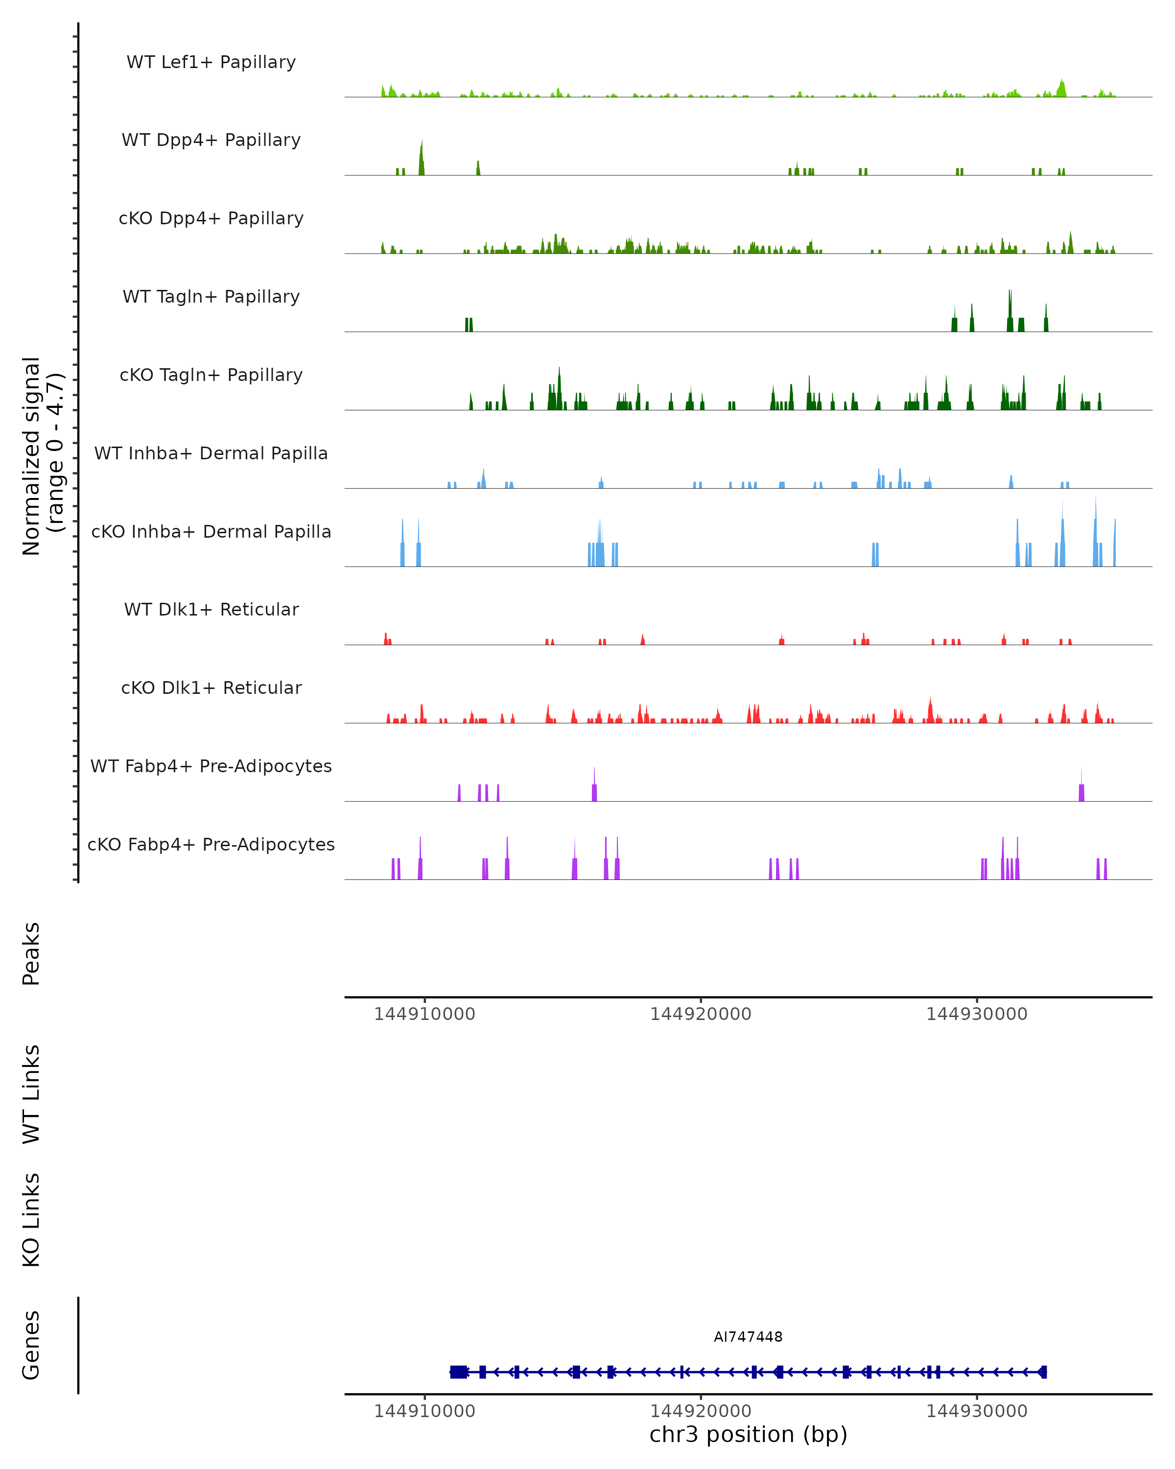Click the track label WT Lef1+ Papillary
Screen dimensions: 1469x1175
211,62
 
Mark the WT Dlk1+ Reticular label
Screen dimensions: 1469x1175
211,609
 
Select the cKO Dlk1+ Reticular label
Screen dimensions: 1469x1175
211,687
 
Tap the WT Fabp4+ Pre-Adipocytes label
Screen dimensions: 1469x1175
211,766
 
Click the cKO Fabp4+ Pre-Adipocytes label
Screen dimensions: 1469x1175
211,844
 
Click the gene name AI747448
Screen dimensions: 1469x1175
748,1337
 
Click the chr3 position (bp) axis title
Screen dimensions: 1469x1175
748,1434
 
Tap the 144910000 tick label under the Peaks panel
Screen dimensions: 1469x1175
424,1014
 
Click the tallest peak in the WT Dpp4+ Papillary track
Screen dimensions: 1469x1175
422,157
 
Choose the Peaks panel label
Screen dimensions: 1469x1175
31,954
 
